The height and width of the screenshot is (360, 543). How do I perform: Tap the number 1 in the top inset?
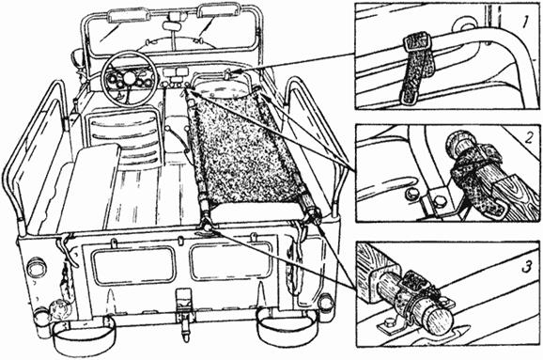pos(526,23)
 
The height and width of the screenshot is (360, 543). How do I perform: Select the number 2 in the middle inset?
pos(529,138)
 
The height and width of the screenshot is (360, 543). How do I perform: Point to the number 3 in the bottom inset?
pos(527,266)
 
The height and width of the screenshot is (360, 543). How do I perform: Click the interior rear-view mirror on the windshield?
pos(170,26)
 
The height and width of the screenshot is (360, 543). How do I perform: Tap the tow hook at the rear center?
pos(184,317)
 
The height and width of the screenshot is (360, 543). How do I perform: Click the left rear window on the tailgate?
pos(133,265)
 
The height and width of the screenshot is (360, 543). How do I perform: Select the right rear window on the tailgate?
pos(231,261)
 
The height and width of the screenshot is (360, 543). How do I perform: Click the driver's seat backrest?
pos(124,137)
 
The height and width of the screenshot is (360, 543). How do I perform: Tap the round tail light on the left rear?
pos(37,267)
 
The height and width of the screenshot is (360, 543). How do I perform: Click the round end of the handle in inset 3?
pos(438,320)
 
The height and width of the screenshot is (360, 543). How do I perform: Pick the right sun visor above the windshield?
pos(218,9)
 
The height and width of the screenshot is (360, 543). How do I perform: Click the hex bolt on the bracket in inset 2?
pos(439,201)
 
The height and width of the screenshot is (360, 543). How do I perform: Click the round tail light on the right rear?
pos(326,303)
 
